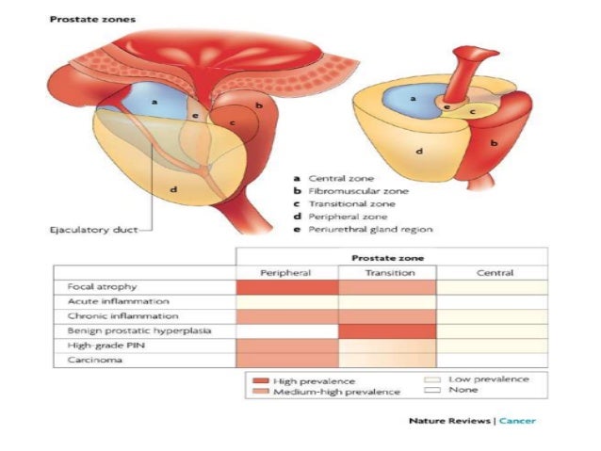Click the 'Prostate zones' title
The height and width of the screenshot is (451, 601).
(x=80, y=19)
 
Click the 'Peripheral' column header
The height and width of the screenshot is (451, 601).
(x=286, y=272)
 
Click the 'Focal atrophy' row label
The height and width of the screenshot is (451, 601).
(x=95, y=286)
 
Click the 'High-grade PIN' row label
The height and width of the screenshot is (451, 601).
(x=99, y=346)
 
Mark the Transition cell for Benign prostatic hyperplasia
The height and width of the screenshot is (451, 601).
(x=387, y=331)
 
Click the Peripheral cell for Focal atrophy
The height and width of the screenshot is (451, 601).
(x=286, y=286)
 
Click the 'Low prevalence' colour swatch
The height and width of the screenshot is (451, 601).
(x=435, y=379)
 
